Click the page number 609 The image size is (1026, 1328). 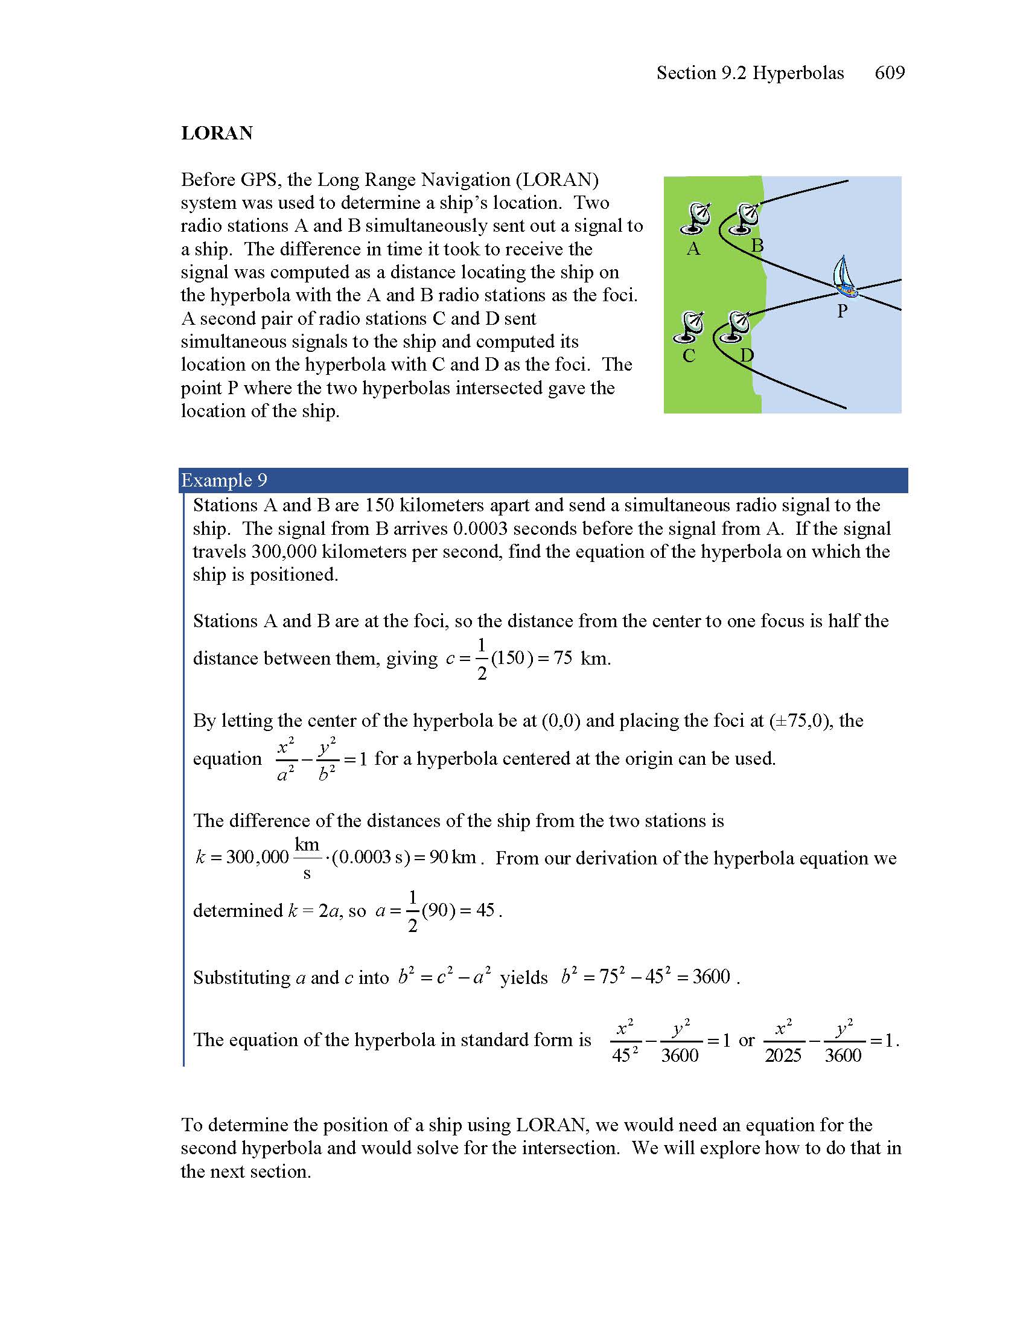889,73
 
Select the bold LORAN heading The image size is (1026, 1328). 217,133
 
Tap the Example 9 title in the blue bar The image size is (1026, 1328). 224,480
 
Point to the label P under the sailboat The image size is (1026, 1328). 842,311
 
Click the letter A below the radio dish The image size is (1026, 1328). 693,249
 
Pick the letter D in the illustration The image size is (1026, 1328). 747,355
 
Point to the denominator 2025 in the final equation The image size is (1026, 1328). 783,1056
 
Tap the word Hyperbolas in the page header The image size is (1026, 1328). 798,73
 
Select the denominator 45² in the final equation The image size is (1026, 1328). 625,1056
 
